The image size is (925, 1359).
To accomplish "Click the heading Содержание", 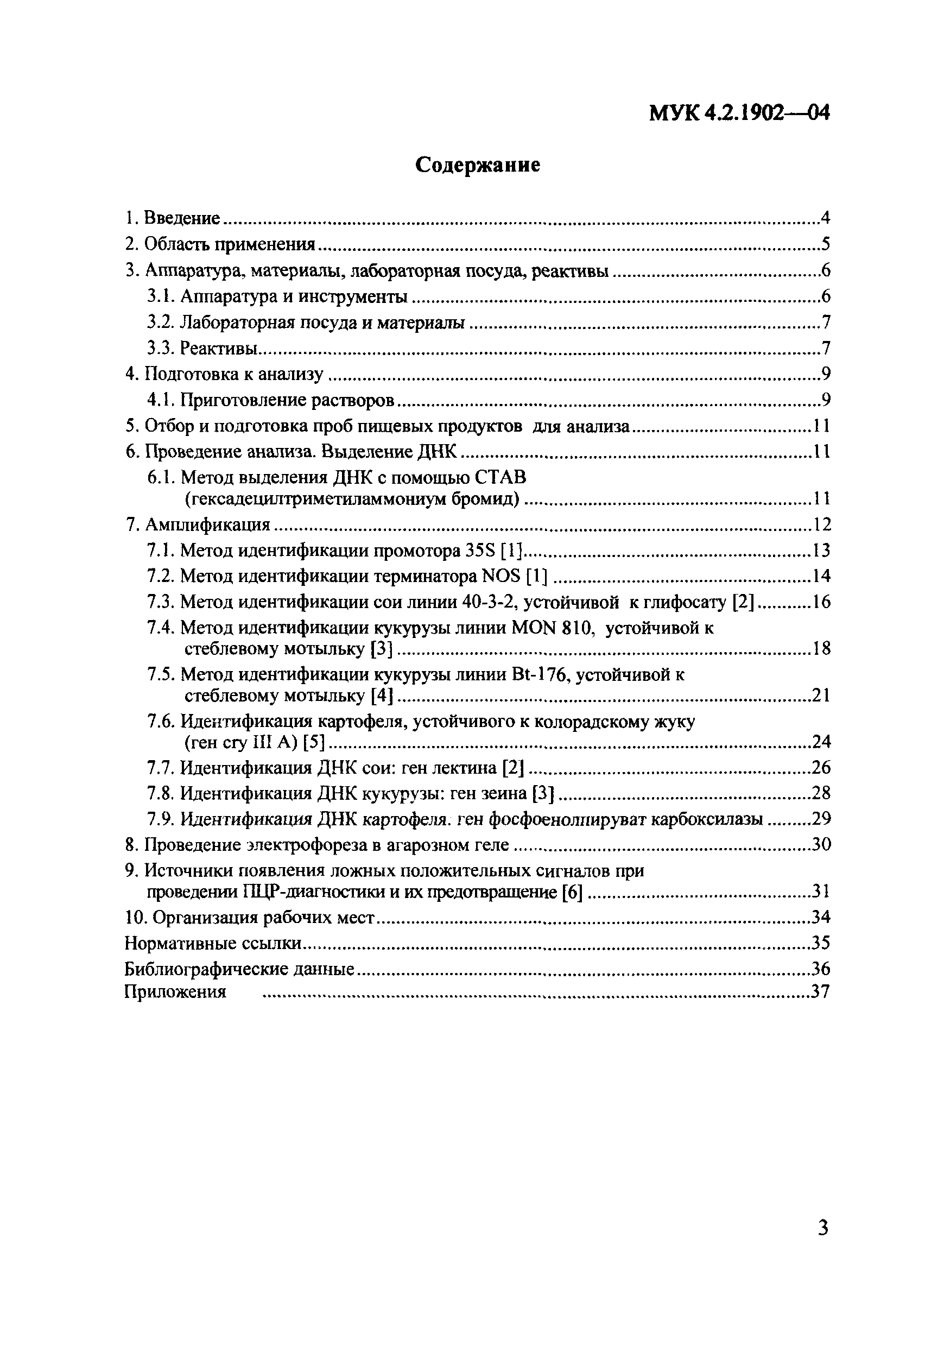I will (477, 166).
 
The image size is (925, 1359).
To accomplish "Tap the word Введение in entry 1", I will (181, 218).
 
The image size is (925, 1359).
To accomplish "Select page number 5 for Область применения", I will (825, 244).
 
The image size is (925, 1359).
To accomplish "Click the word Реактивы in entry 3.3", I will (219, 348).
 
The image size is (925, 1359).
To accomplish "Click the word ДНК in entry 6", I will (437, 451).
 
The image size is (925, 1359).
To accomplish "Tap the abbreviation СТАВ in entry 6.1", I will (499, 478).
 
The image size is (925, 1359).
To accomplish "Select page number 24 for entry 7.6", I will (821, 742).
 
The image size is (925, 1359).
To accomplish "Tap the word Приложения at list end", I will (175, 992).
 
